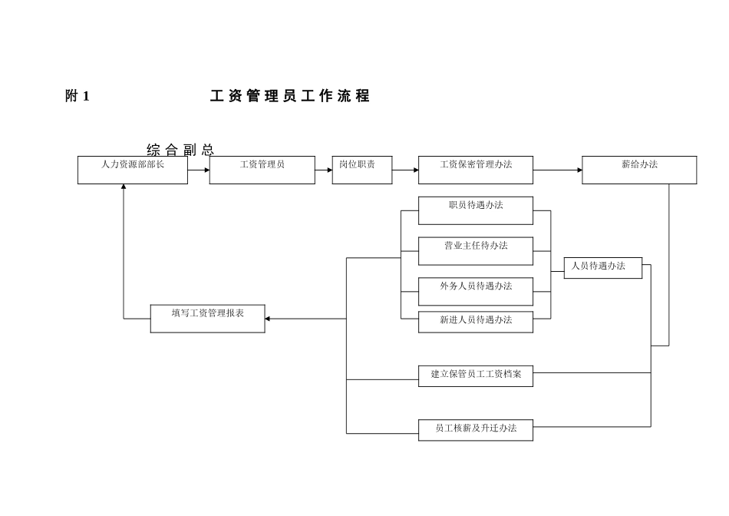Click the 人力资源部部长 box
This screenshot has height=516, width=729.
pos(133,170)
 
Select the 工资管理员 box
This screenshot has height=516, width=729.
pos(262,170)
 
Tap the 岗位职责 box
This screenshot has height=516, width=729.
pos(361,170)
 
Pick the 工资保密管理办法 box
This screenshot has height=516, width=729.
pos(475,170)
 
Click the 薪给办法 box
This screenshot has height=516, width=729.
pos(638,170)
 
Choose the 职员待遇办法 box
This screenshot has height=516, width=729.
pos(475,210)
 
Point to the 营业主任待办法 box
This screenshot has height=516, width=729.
pos(475,250)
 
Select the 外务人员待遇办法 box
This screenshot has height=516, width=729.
pos(475,291)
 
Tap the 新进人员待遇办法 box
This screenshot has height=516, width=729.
pos(475,322)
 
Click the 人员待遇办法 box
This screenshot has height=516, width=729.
pos(602,267)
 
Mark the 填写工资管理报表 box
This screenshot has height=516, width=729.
pos(207,318)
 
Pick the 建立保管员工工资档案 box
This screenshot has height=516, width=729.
pos(475,376)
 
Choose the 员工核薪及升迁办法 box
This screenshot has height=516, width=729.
pos(475,429)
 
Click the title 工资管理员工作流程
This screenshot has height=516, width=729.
pos(290,97)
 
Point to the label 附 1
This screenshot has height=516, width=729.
pos(78,97)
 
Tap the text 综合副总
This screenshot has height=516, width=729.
pos(180,149)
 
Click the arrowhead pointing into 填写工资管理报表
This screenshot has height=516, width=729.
pos(268,318)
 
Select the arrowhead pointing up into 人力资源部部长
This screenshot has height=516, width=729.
pos(124,187)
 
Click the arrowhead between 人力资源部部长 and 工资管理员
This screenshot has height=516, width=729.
pos(206,170)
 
